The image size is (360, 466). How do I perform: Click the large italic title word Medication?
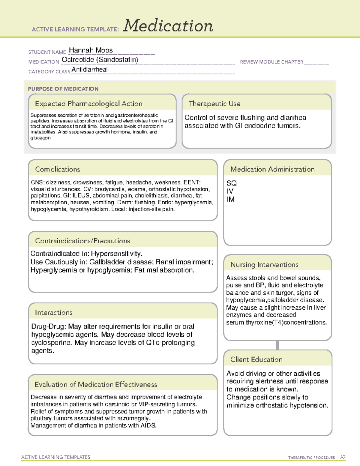(x=168, y=26)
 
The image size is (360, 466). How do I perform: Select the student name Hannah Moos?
(x=91, y=50)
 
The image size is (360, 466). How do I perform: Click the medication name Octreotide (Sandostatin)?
(x=100, y=60)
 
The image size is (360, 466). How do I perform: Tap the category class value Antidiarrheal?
(x=89, y=70)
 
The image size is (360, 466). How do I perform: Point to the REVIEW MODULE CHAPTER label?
(x=271, y=62)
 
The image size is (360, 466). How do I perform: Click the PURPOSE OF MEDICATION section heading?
(x=63, y=89)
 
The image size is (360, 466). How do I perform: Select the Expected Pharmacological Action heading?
(x=88, y=104)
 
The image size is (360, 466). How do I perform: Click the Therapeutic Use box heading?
(x=214, y=104)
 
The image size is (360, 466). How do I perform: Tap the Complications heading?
(x=58, y=169)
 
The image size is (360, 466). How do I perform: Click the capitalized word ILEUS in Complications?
(x=81, y=196)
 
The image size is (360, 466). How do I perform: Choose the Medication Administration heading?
(x=272, y=169)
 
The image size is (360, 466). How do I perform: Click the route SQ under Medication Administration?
(x=232, y=183)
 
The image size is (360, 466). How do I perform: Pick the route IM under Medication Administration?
(x=230, y=199)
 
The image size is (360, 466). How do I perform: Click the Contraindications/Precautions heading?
(x=82, y=241)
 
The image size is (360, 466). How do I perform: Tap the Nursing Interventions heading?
(x=264, y=265)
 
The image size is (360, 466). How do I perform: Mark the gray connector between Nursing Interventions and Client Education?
(x=277, y=345)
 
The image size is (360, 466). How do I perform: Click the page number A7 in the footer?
(x=343, y=457)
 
